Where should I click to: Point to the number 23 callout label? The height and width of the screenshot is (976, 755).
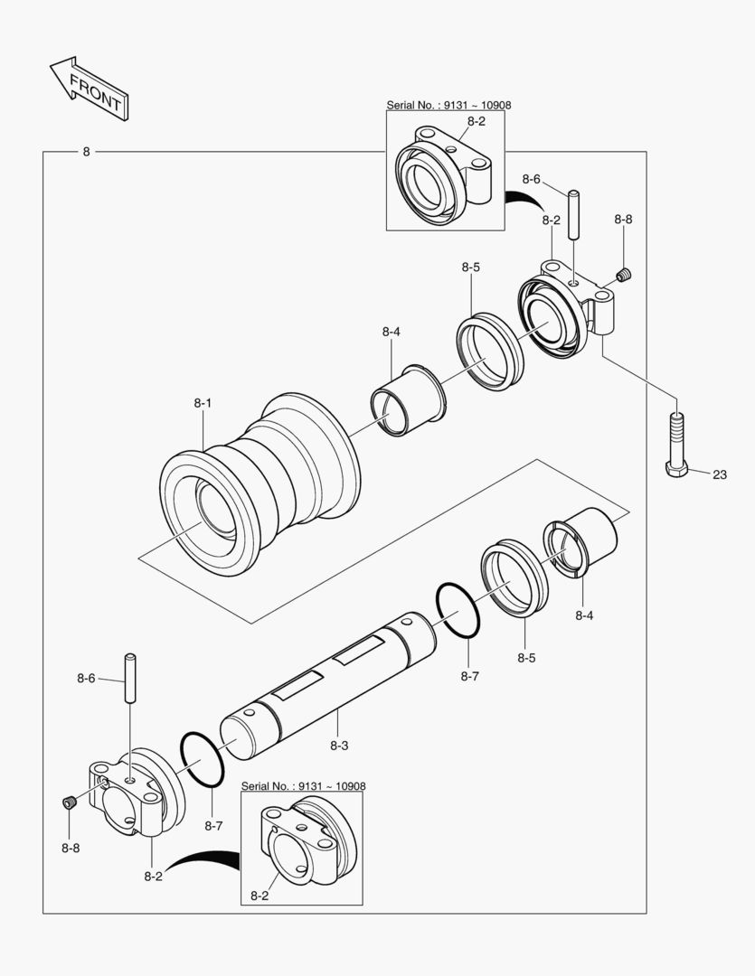coord(719,474)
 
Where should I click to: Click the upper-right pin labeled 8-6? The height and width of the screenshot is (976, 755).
coord(573,214)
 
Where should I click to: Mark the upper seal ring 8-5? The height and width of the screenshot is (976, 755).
coord(491,351)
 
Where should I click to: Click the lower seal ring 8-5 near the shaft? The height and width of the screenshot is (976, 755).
coord(513,579)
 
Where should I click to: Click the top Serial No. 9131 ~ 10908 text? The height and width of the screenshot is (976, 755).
coord(448,105)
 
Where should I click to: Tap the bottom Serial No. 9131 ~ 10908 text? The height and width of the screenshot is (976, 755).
coord(303,786)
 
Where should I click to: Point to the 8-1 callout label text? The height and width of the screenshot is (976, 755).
coord(203,404)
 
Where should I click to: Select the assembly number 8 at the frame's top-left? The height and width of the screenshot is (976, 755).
coord(86,152)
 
